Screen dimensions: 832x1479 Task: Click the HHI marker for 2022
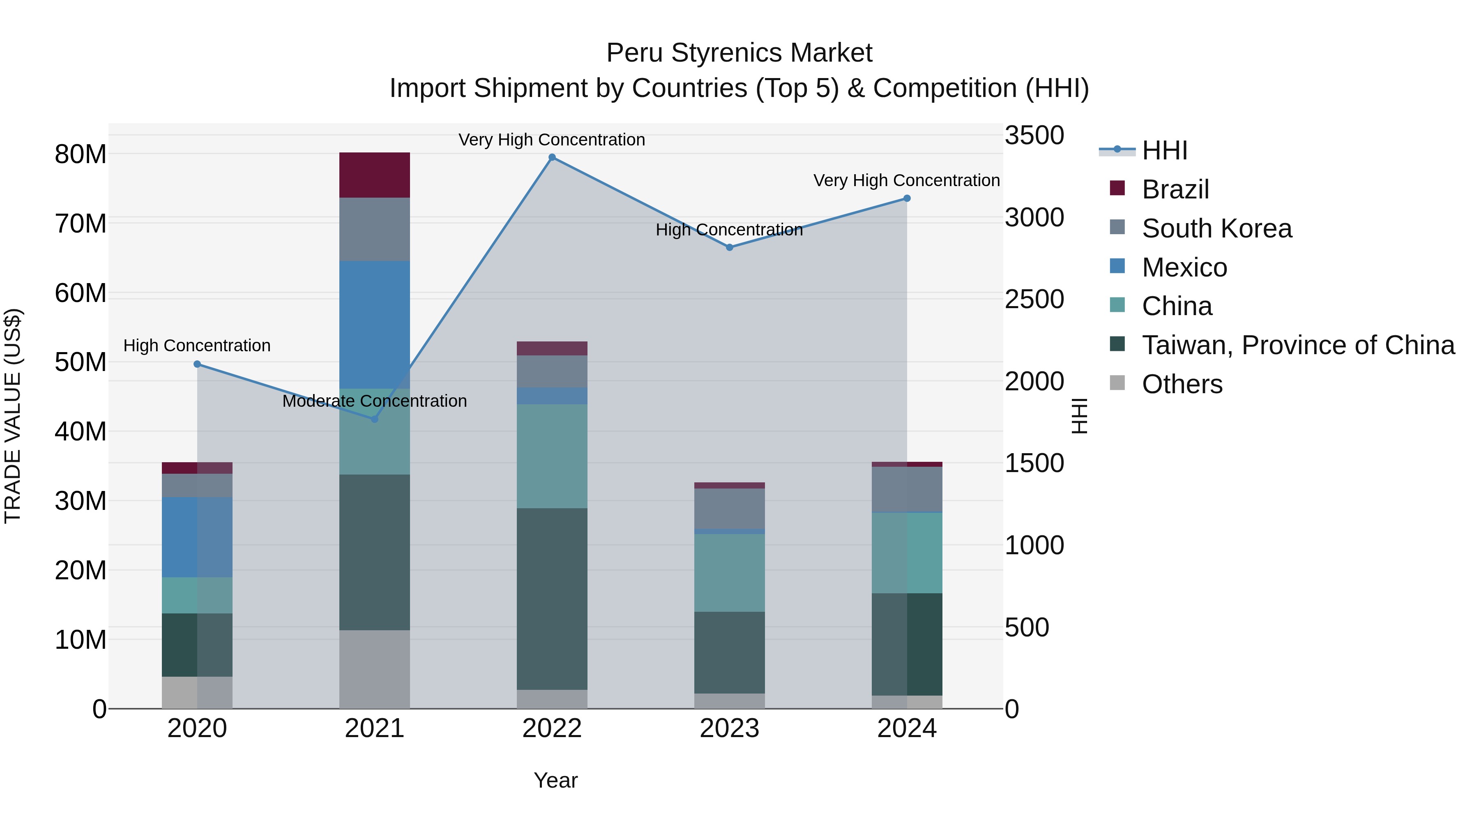552,157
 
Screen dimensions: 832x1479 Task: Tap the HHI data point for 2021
374,419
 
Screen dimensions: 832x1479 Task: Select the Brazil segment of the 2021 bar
374,175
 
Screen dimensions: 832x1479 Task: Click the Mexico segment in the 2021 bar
374,325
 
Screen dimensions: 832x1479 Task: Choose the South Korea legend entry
1216,228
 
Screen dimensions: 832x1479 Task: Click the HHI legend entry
1164,150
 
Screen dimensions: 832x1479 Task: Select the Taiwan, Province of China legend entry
1297,345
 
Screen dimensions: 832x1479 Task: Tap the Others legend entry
1182,384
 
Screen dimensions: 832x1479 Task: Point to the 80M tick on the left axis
81,154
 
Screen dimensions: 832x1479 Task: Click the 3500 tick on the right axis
1034,136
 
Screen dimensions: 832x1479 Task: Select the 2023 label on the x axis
729,728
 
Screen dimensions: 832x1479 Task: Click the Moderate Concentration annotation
374,401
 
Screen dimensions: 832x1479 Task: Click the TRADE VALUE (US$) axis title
13,416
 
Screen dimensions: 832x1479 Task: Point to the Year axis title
555,780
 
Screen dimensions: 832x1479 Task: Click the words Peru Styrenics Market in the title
739,53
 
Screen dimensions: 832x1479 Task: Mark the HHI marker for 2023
729,247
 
